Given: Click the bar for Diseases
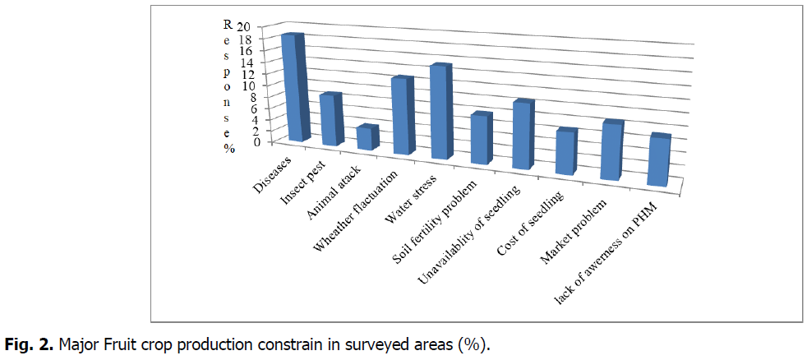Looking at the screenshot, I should (x=293, y=89).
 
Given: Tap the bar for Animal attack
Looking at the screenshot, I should (x=365, y=138).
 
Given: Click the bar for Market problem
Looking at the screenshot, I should (x=611, y=152).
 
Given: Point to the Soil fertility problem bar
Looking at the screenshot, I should (x=480, y=140).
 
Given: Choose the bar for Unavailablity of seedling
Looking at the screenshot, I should (x=522, y=136).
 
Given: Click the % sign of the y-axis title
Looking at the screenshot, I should (x=230, y=149).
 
